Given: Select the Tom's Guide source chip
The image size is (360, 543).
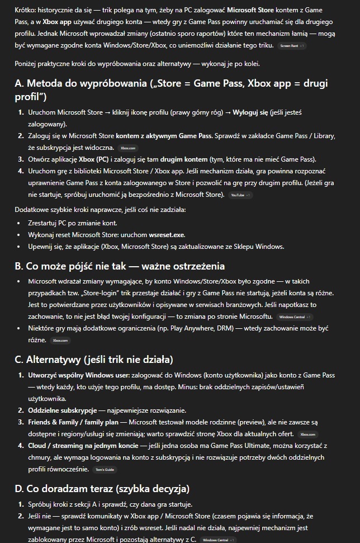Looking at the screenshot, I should (105, 469).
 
